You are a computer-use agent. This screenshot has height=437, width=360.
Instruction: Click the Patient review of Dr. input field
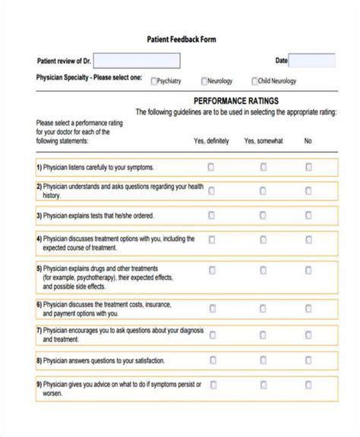pos(137,61)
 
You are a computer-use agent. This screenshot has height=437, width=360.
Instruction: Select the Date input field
pos(311,61)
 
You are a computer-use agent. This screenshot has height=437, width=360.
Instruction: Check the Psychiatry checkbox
pos(154,81)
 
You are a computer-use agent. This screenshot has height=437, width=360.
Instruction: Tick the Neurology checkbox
pos(204,81)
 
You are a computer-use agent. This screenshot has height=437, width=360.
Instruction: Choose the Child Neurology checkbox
pos(254,81)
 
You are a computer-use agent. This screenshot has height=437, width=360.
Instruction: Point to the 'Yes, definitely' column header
pos(210,141)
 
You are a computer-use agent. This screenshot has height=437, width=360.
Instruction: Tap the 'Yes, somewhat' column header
pos(263,141)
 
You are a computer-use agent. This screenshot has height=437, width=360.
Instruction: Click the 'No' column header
pos(308,141)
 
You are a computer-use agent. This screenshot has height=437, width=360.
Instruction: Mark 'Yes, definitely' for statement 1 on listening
pos(211,167)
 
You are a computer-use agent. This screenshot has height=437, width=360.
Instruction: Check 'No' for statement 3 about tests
pos(308,215)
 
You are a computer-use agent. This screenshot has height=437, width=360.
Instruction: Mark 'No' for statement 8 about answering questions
pos(308,360)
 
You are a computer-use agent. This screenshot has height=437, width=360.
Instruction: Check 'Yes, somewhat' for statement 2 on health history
pos(264,191)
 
